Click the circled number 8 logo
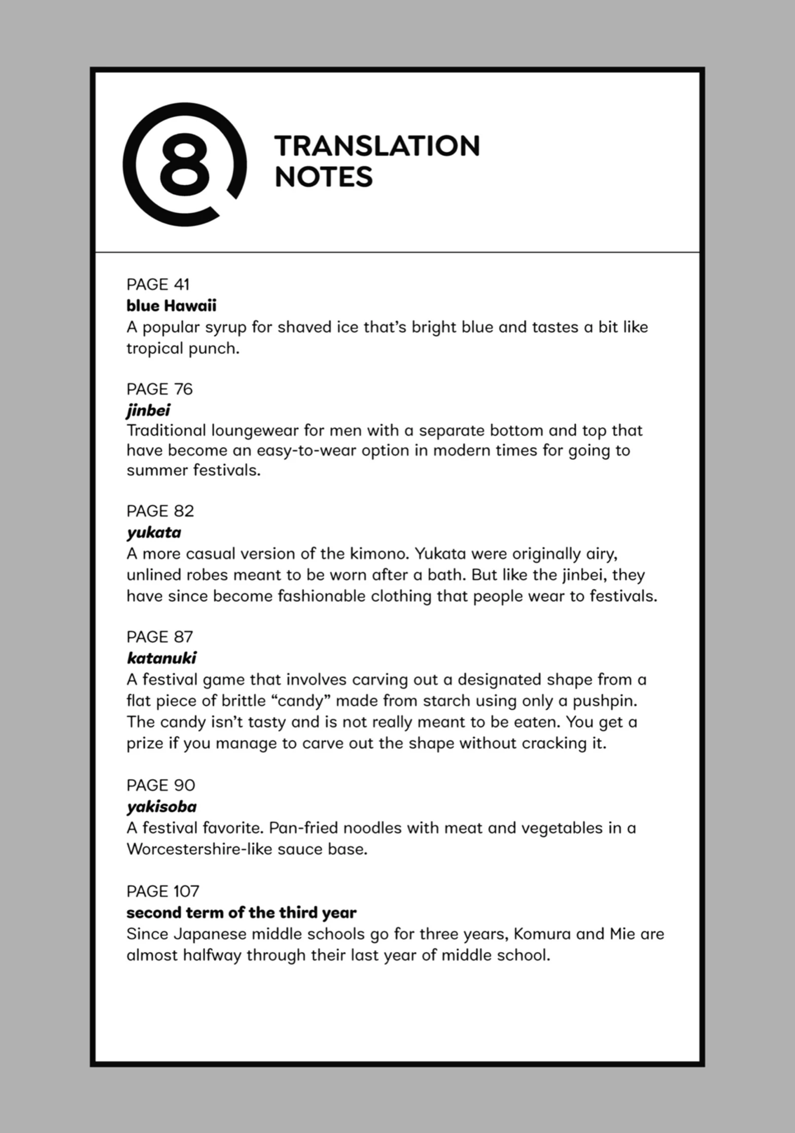(185, 164)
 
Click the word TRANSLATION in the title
(377, 147)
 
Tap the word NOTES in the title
(324, 177)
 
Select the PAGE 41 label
(158, 284)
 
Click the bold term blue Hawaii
(171, 306)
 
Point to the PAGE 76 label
(160, 389)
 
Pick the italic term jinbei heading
(148, 410)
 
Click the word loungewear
(255, 431)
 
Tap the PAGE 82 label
(160, 511)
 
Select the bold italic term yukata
(154, 533)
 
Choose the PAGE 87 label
(160, 637)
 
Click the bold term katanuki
(161, 658)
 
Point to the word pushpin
(604, 701)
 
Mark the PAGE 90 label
(161, 785)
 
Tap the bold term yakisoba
(161, 807)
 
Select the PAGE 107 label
(163, 891)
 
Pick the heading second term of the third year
(241, 913)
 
